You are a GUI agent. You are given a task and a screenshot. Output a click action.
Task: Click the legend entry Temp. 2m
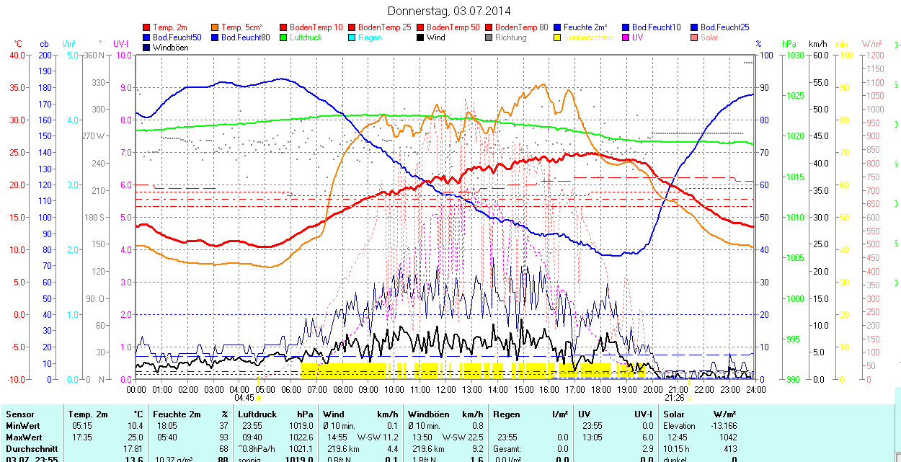pos(170,27)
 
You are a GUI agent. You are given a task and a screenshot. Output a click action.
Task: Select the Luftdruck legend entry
pos(305,37)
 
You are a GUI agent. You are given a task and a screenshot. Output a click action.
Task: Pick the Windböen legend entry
pos(170,48)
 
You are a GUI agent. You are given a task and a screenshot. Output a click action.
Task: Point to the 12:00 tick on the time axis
pos(446,389)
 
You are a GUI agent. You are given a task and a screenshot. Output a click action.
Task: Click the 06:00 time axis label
pos(291,389)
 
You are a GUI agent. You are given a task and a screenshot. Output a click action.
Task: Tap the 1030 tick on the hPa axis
pos(795,55)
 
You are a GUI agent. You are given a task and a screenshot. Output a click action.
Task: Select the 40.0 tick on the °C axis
pos(16,55)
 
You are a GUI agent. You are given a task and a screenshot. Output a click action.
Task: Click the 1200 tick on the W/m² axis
pos(874,55)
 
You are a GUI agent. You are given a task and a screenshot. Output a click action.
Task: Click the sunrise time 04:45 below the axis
pos(244,398)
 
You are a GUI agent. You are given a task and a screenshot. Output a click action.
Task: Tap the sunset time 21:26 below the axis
pos(674,398)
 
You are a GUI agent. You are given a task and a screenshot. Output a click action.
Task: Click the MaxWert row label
pos(23,437)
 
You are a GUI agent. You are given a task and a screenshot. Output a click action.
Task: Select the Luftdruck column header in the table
pos(257,414)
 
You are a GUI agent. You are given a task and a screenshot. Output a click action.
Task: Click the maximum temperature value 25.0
pos(135,437)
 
